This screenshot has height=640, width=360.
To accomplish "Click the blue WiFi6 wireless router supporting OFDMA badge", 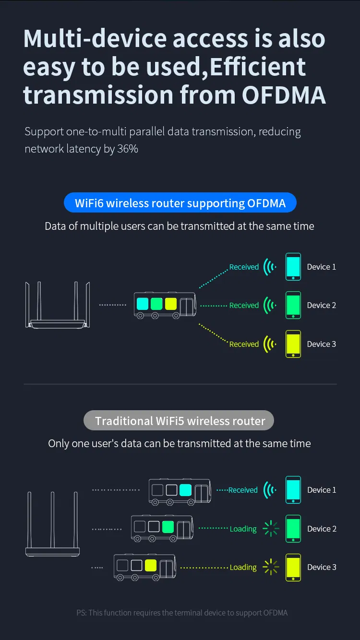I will tap(180, 203).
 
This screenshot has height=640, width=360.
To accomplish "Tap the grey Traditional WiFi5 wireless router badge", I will tap(179, 421).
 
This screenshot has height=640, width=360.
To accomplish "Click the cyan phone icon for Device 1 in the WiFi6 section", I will tap(293, 267).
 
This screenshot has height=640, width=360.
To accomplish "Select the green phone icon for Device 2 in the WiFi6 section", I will tap(293, 305).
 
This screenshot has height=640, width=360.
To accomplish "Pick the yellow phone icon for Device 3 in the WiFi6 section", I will tap(293, 344).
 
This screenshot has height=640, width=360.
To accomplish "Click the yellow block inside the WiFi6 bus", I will tap(171, 304).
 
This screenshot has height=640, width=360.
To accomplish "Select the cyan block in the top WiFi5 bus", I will tap(185, 490).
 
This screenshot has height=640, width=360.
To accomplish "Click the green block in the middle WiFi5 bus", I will tap(168, 526).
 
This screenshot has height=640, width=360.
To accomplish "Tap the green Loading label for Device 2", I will tap(243, 529).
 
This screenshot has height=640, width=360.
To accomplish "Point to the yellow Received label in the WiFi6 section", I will tap(244, 344).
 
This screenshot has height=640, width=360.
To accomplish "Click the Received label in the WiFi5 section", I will tap(243, 490).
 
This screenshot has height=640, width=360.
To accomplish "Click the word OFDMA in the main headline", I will tap(284, 95).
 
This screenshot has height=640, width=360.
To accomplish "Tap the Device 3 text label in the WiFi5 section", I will tap(322, 567).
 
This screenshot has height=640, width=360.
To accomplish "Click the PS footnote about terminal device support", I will tap(182, 613).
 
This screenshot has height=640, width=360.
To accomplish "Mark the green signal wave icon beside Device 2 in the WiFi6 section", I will tap(270, 305).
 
